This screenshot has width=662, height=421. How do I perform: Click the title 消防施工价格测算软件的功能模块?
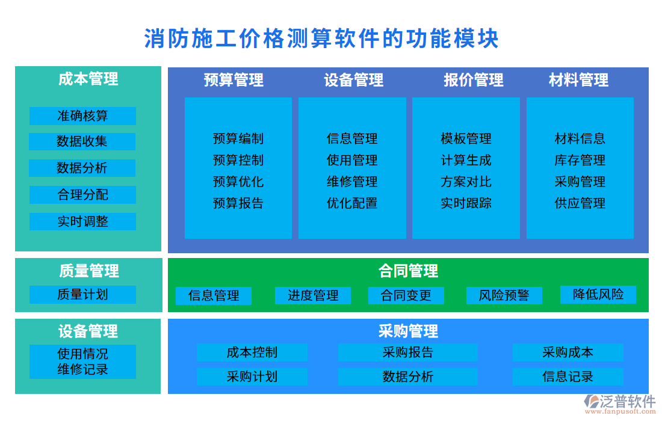point(321,39)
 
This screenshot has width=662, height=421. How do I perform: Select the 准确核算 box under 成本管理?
point(82,115)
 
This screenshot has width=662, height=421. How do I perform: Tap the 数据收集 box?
point(82,141)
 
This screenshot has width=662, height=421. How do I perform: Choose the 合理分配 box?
point(82,194)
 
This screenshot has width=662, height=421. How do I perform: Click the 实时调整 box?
point(82,221)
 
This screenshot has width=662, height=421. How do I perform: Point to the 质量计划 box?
point(82,294)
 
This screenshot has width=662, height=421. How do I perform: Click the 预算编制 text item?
point(238,139)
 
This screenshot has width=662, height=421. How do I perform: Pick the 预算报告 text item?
point(238,203)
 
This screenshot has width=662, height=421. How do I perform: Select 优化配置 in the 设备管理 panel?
point(352,203)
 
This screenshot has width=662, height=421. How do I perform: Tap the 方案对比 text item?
point(466,182)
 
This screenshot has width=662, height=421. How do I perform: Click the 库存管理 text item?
point(580,161)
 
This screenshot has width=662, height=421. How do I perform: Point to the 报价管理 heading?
point(474,80)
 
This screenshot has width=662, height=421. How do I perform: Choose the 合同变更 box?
point(406,295)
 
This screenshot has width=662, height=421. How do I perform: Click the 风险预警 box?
point(504,295)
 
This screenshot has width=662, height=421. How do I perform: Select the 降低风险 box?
point(598,294)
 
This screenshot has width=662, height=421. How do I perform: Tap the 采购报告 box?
point(407,352)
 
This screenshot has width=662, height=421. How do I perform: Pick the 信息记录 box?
point(568,377)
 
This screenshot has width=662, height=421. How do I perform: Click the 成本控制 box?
point(252,352)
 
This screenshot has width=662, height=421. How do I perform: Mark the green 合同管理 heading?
point(408,271)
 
